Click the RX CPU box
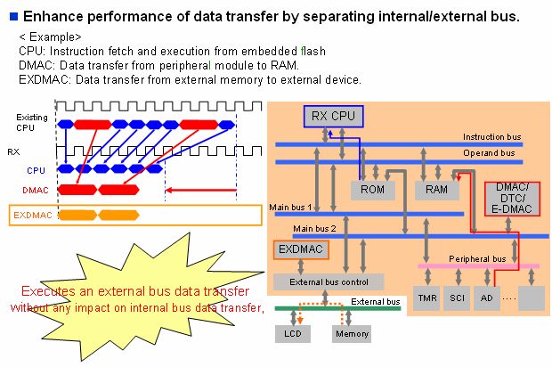[332, 116]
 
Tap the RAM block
[435, 190]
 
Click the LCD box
[293, 334]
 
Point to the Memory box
[350, 334]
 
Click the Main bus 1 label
[291, 208]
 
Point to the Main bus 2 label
[291, 229]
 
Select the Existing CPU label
[31, 123]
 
